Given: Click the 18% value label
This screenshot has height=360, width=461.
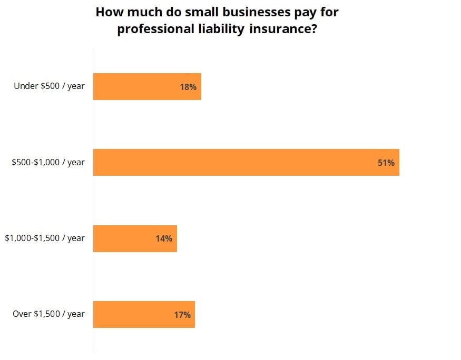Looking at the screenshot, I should point(188,87).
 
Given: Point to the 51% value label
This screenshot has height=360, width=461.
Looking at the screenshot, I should point(386,163).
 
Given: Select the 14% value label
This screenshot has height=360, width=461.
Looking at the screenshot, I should point(164,238).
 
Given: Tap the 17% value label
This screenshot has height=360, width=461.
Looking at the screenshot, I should point(182,315).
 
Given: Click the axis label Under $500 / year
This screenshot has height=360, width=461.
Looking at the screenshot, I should point(49,86).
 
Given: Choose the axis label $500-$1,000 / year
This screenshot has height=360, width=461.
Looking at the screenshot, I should point(48,162).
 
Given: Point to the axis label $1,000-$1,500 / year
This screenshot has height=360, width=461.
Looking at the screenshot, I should point(45,238).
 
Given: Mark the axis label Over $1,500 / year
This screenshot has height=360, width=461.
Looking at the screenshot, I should point(48,314).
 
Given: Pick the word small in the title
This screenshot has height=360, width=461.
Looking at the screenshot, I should point(200,12).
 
